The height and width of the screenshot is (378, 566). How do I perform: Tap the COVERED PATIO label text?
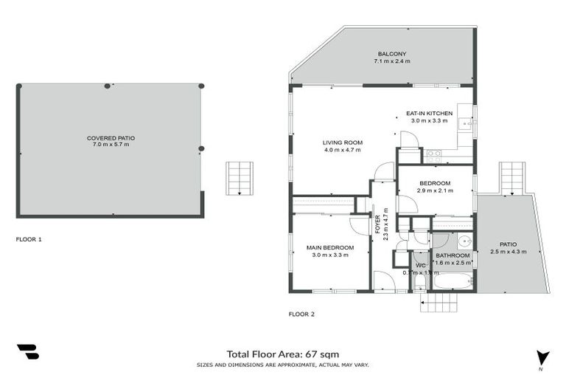(x=111, y=138)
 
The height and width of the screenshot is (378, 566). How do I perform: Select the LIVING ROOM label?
(x=342, y=142)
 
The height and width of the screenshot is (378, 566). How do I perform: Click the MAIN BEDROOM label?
(x=330, y=247)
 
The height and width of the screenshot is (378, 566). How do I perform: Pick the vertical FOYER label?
(x=377, y=221)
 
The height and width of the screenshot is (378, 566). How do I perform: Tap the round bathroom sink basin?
(x=464, y=241)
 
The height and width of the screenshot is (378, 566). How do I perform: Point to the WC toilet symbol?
(x=419, y=282)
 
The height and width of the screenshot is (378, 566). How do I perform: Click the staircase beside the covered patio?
(x=239, y=179)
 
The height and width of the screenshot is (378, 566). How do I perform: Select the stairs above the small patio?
(x=511, y=178)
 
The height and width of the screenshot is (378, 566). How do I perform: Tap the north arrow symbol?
(x=543, y=357)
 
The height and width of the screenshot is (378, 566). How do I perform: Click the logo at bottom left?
(x=27, y=352)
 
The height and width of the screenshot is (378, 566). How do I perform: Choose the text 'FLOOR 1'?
(x=29, y=239)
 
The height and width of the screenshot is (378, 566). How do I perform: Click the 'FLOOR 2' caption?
(x=301, y=314)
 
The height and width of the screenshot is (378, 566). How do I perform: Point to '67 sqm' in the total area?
(x=323, y=354)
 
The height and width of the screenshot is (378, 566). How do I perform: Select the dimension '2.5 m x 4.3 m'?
(x=508, y=252)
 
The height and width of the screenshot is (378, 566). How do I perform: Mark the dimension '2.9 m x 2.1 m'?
(x=435, y=190)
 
